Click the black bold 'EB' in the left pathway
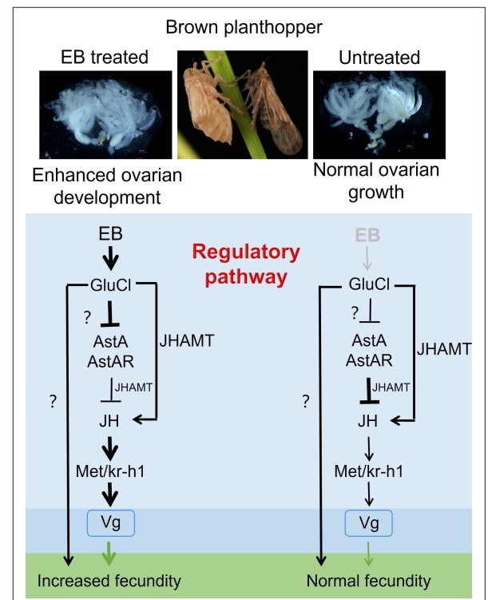pyautogui.click(x=110, y=236)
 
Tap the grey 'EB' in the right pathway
pyautogui.click(x=367, y=236)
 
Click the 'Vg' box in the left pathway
pyautogui.click(x=110, y=524)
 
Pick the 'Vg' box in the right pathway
pyautogui.click(x=368, y=524)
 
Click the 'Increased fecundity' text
pyautogui.click(x=109, y=580)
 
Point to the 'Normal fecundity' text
pyautogui.click(x=368, y=580)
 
